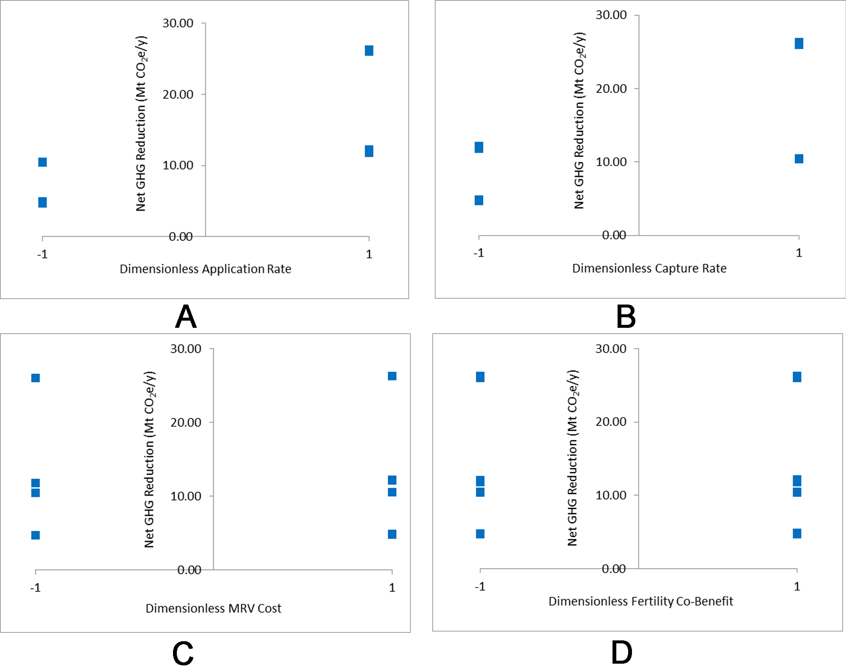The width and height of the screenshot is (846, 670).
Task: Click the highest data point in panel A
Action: pyautogui.click(x=369, y=51)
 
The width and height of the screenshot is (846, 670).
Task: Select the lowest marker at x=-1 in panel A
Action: pyautogui.click(x=42, y=202)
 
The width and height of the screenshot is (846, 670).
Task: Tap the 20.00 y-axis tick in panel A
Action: pyautogui.click(x=178, y=94)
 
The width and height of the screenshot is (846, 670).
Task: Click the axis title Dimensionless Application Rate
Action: pyautogui.click(x=205, y=269)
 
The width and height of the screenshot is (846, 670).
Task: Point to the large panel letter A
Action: pyautogui.click(x=186, y=317)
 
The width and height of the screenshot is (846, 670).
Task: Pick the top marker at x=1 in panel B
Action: pyautogui.click(x=799, y=44)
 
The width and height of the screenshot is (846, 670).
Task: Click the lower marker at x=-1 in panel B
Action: pyautogui.click(x=479, y=200)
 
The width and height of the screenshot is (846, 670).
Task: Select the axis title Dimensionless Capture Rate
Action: pyautogui.click(x=649, y=268)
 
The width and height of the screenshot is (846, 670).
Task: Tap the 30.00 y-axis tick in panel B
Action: pyautogui.click(x=611, y=15)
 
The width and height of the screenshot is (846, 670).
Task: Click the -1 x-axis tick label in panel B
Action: pyautogui.click(x=478, y=253)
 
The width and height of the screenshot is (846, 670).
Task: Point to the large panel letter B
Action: pyautogui.click(x=626, y=317)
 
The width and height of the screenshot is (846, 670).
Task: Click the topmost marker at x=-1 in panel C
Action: pyautogui.click(x=36, y=378)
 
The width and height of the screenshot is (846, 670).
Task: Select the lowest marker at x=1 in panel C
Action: pyautogui.click(x=392, y=534)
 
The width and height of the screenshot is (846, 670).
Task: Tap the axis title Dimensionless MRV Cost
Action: pyautogui.click(x=213, y=608)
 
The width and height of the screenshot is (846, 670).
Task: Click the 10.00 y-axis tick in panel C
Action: pyautogui.click(x=186, y=496)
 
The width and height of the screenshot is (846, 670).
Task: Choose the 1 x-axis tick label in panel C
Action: pyautogui.click(x=392, y=588)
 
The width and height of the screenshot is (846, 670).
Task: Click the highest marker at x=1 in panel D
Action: pyautogui.click(x=797, y=377)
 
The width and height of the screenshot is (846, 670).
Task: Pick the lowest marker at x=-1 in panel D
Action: pyautogui.click(x=480, y=534)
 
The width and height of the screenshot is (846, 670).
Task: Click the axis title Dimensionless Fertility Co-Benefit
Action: pyautogui.click(x=640, y=601)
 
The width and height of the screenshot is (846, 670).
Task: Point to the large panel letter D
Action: pyautogui.click(x=621, y=653)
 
